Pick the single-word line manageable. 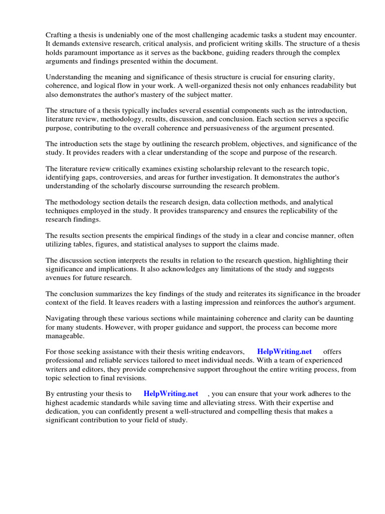[65, 336]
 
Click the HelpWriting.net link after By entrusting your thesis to [171, 394]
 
